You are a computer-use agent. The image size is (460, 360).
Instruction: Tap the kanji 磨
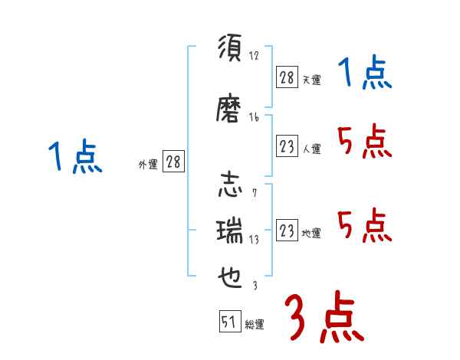[230, 111]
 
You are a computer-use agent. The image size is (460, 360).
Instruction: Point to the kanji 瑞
[230, 230]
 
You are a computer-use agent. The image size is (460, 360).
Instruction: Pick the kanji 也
[230, 274]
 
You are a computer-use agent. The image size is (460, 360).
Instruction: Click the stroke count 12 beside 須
[255, 56]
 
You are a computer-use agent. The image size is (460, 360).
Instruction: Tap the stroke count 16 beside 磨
[255, 117]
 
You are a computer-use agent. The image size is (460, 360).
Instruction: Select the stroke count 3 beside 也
[254, 286]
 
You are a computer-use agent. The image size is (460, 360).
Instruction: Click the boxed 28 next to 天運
[287, 77]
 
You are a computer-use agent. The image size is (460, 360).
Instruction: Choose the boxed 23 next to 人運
[287, 146]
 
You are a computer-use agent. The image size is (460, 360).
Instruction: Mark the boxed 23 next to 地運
[287, 231]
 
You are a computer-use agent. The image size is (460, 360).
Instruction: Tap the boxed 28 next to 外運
[173, 162]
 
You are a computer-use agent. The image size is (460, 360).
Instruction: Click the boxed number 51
[228, 322]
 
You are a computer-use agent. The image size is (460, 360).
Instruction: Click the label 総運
[255, 325]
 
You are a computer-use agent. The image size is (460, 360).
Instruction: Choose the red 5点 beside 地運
[364, 225]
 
